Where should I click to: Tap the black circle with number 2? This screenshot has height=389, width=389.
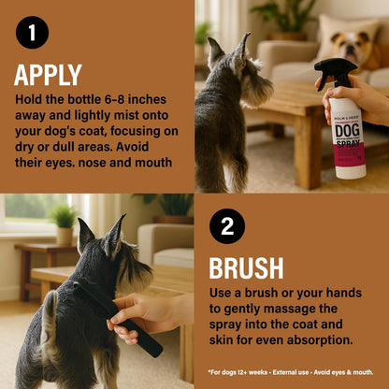click(x=227, y=226)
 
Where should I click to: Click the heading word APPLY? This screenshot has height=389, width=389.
click(x=49, y=75)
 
